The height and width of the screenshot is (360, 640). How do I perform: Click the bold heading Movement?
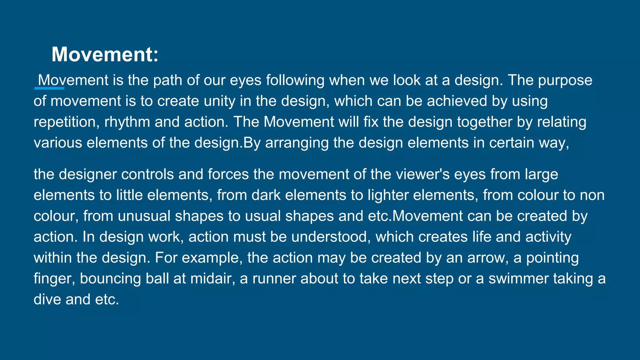[105, 54]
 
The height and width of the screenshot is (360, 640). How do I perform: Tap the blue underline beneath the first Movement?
[49, 88]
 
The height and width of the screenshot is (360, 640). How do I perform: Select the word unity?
[219, 101]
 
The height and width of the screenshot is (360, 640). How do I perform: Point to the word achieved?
[457, 101]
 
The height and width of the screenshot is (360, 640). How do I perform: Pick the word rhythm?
[127, 122]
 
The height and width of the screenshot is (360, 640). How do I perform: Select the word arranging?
[297, 143]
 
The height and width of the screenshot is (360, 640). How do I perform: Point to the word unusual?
[144, 216]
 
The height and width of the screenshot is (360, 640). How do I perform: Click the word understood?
[331, 237]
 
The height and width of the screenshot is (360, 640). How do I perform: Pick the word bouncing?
[110, 279]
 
